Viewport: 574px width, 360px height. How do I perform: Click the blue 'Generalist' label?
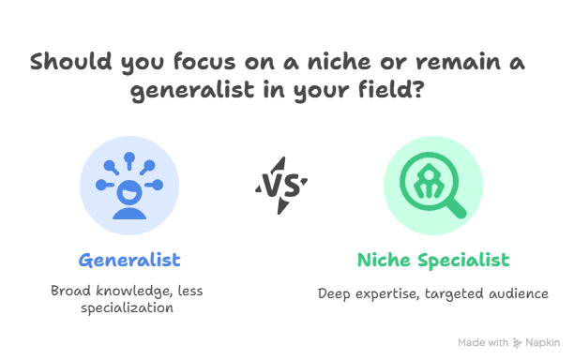(x=129, y=259)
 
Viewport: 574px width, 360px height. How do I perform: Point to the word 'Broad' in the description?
(x=71, y=291)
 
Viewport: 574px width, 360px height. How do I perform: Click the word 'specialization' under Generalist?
(x=128, y=307)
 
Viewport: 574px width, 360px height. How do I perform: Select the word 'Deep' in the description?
(x=335, y=294)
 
